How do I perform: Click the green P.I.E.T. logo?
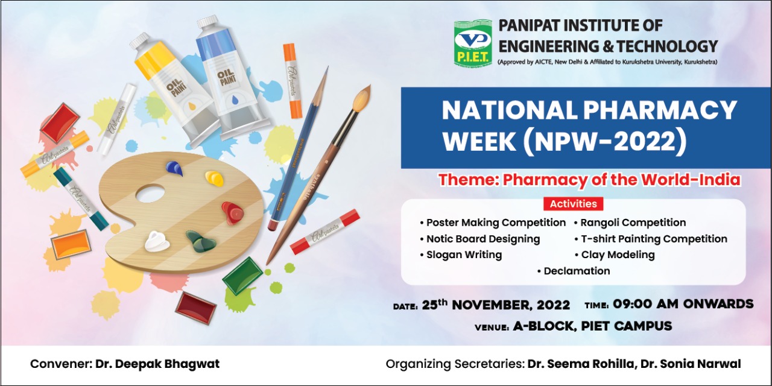[x=472, y=42]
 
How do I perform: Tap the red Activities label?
[x=573, y=204]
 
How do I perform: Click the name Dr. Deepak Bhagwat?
[x=157, y=364]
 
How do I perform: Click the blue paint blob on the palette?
[x=174, y=168]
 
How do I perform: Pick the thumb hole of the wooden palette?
[x=150, y=194]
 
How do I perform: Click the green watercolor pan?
[x=242, y=276]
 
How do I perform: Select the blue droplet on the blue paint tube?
[x=235, y=100]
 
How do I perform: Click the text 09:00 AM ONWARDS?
[x=683, y=304]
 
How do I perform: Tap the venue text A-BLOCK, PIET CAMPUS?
[x=592, y=326]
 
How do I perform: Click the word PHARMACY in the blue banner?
[x=660, y=110]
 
